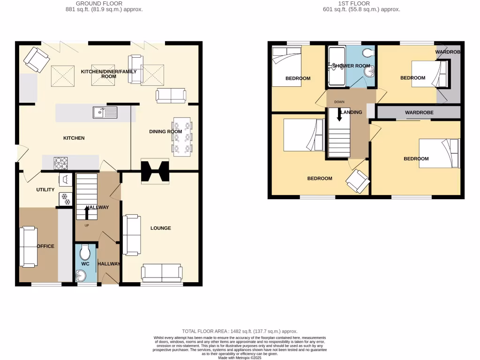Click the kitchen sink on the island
[105, 112]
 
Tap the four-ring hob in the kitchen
[60, 162]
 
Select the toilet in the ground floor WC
[85, 253]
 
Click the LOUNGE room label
[160, 228]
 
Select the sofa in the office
[29, 247]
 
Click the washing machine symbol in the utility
[65, 179]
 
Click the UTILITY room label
[45, 189]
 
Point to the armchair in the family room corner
[36, 60]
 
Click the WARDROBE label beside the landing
[419, 112]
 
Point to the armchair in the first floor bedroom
[358, 181]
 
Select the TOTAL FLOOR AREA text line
[240, 331]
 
